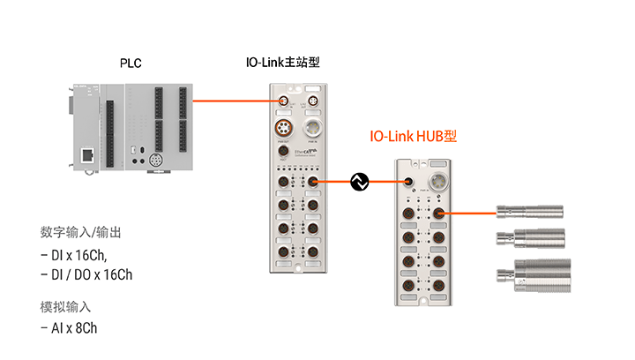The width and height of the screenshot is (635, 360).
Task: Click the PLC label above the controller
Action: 130,64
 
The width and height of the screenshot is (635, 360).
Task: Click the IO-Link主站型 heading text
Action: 281,64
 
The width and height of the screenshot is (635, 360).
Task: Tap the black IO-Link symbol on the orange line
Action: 359,182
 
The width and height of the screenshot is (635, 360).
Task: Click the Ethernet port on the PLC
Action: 88,154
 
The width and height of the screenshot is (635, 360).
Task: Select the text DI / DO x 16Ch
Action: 86,274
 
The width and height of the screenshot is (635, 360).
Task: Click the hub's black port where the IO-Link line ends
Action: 409,184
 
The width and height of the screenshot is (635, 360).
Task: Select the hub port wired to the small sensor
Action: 439,213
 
